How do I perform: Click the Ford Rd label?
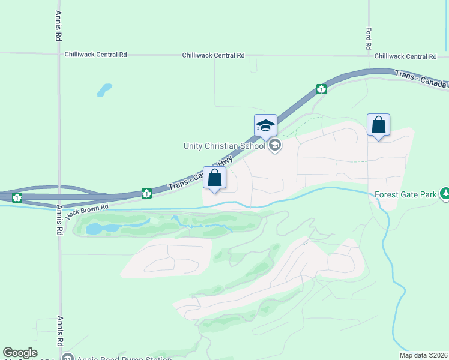[x=369, y=38]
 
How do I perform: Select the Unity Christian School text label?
[x=224, y=145]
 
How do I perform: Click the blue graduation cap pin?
[x=265, y=126]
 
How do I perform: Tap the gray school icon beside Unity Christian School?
[x=275, y=145]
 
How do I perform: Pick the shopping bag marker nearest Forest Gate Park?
[x=378, y=125]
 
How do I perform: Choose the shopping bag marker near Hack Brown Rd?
[x=214, y=178]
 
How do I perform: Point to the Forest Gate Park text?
[x=405, y=194]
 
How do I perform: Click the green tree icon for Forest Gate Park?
[x=445, y=194]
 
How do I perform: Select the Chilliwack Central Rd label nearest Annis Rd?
[x=96, y=55]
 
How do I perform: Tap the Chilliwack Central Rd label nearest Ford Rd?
[x=405, y=56]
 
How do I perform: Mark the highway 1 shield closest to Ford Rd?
[x=322, y=89]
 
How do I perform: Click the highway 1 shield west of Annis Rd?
[x=17, y=197]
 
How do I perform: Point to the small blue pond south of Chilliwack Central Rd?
[x=104, y=90]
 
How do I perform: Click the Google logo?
[x=20, y=353]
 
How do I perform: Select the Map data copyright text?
[x=423, y=355]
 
